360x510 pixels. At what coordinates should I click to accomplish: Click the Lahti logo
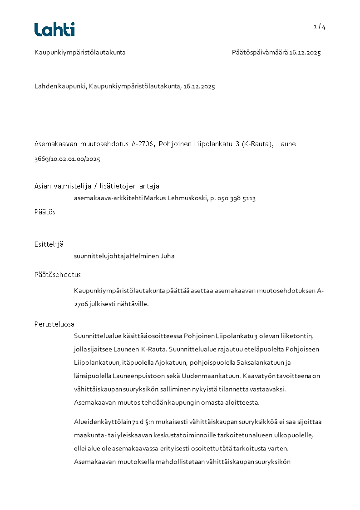(54, 30)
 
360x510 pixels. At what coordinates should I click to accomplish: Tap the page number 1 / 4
(320, 27)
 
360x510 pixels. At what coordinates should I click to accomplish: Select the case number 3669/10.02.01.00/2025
(67, 159)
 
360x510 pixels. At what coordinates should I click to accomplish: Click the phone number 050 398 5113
(236, 198)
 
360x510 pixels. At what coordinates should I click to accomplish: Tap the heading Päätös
(45, 212)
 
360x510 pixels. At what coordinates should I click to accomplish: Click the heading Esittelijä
(49, 244)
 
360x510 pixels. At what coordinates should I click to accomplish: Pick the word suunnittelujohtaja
(101, 256)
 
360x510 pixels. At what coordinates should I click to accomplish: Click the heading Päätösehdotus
(58, 275)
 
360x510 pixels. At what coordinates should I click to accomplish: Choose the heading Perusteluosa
(54, 324)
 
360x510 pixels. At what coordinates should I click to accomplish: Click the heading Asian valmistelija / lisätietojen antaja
(97, 186)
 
